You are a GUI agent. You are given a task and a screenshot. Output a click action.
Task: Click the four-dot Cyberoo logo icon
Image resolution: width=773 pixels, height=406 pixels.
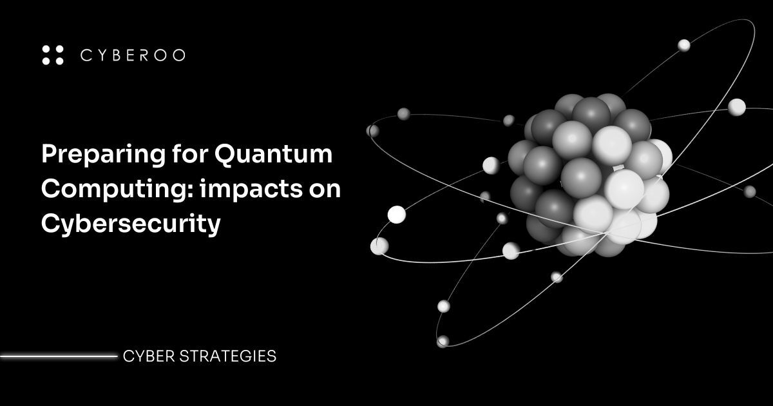point(53,55)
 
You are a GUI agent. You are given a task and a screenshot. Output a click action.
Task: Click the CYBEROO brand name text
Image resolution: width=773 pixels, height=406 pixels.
point(133,55)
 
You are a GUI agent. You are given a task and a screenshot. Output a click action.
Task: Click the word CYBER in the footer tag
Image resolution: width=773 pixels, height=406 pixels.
point(146,356)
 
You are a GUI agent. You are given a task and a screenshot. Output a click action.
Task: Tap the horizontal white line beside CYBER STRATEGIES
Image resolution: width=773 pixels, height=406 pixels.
point(58,355)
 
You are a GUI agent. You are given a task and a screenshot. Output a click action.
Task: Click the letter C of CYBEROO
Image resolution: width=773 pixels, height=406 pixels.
point(86,55)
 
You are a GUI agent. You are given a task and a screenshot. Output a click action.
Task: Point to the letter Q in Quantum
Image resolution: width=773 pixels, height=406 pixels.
point(225,155)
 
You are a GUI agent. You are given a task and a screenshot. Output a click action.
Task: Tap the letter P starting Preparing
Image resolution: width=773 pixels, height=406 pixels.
point(49,155)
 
